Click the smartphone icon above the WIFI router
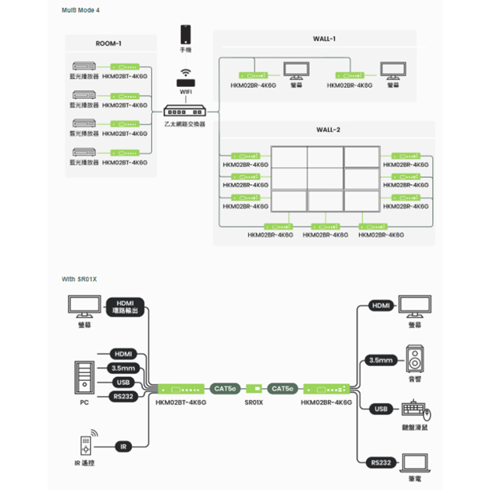click(x=186, y=35)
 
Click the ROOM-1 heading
click(x=108, y=43)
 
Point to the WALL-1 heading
click(x=325, y=39)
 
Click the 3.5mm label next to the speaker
click(x=381, y=360)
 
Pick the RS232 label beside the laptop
click(x=381, y=462)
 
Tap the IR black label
click(x=123, y=447)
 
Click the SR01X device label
click(x=254, y=401)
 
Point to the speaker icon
click(x=415, y=360)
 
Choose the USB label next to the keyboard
click(x=381, y=409)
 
